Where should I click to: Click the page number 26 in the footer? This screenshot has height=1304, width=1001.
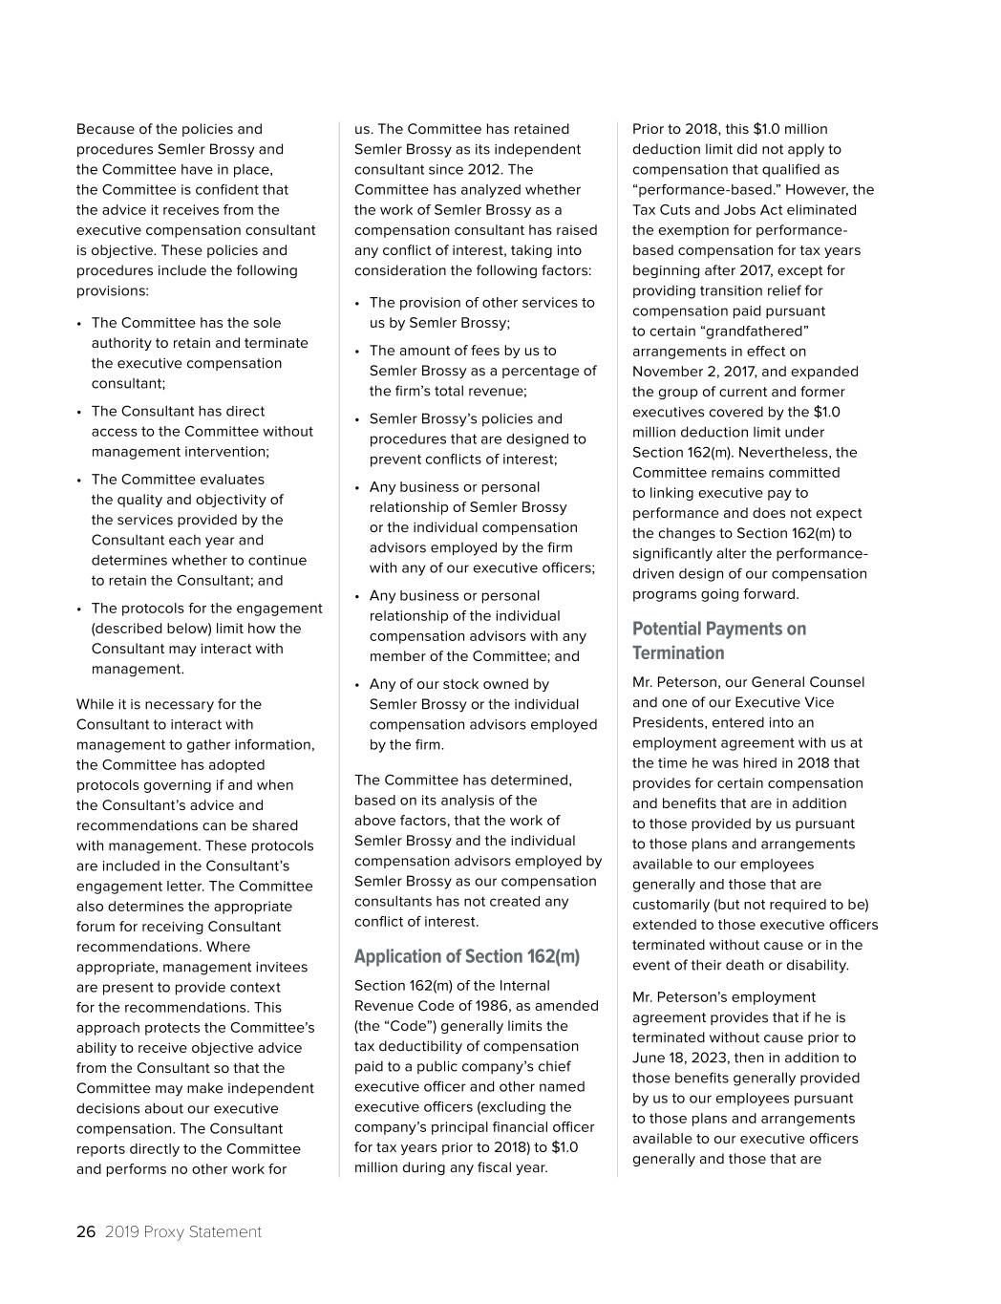[86, 1232]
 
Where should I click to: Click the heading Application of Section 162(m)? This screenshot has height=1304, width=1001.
[466, 956]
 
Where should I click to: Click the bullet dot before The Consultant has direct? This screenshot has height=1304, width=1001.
[79, 412]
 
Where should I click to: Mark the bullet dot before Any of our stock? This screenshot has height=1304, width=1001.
[357, 685]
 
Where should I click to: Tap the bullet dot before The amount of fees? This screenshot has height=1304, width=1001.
[357, 352]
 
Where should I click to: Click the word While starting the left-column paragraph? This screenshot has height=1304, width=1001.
[96, 704]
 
